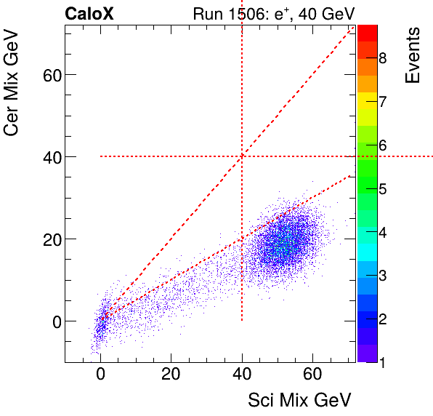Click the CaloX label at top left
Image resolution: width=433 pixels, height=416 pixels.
[89, 13]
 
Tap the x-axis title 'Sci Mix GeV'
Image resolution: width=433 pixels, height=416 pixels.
[299, 400]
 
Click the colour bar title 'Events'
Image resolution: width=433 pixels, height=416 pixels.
[413, 55]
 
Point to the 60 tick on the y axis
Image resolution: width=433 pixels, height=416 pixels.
[49, 74]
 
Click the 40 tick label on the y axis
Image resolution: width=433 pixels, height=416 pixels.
[49, 156]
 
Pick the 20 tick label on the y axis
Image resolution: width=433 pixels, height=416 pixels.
[49, 239]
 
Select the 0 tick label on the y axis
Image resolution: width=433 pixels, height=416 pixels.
[53, 321]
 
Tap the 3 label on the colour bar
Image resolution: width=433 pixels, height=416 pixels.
[382, 276]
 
